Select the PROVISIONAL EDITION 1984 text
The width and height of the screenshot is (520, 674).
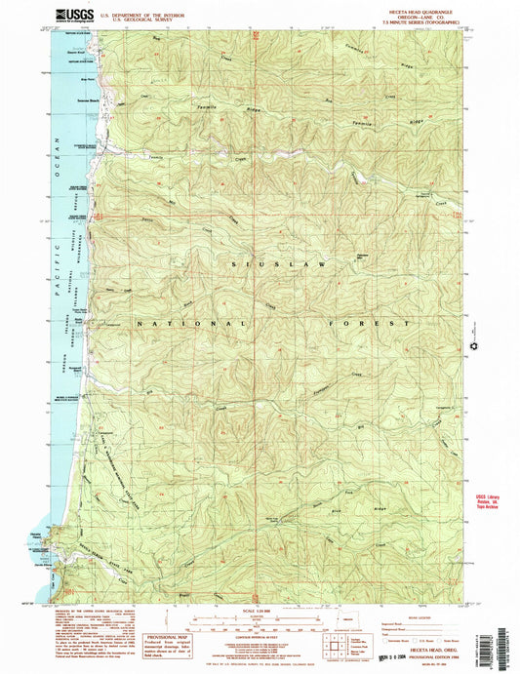422,663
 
